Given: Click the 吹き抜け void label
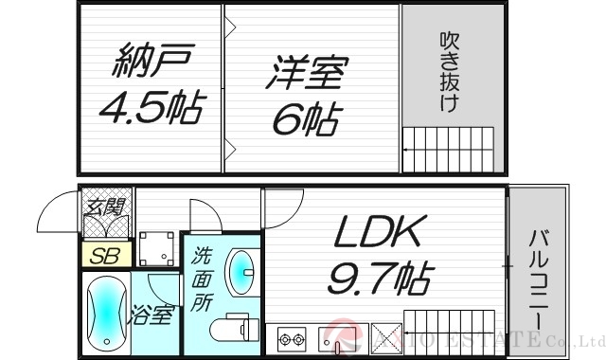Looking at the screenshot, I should [x=450, y=73].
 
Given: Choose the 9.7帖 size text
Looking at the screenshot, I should [x=379, y=279].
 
